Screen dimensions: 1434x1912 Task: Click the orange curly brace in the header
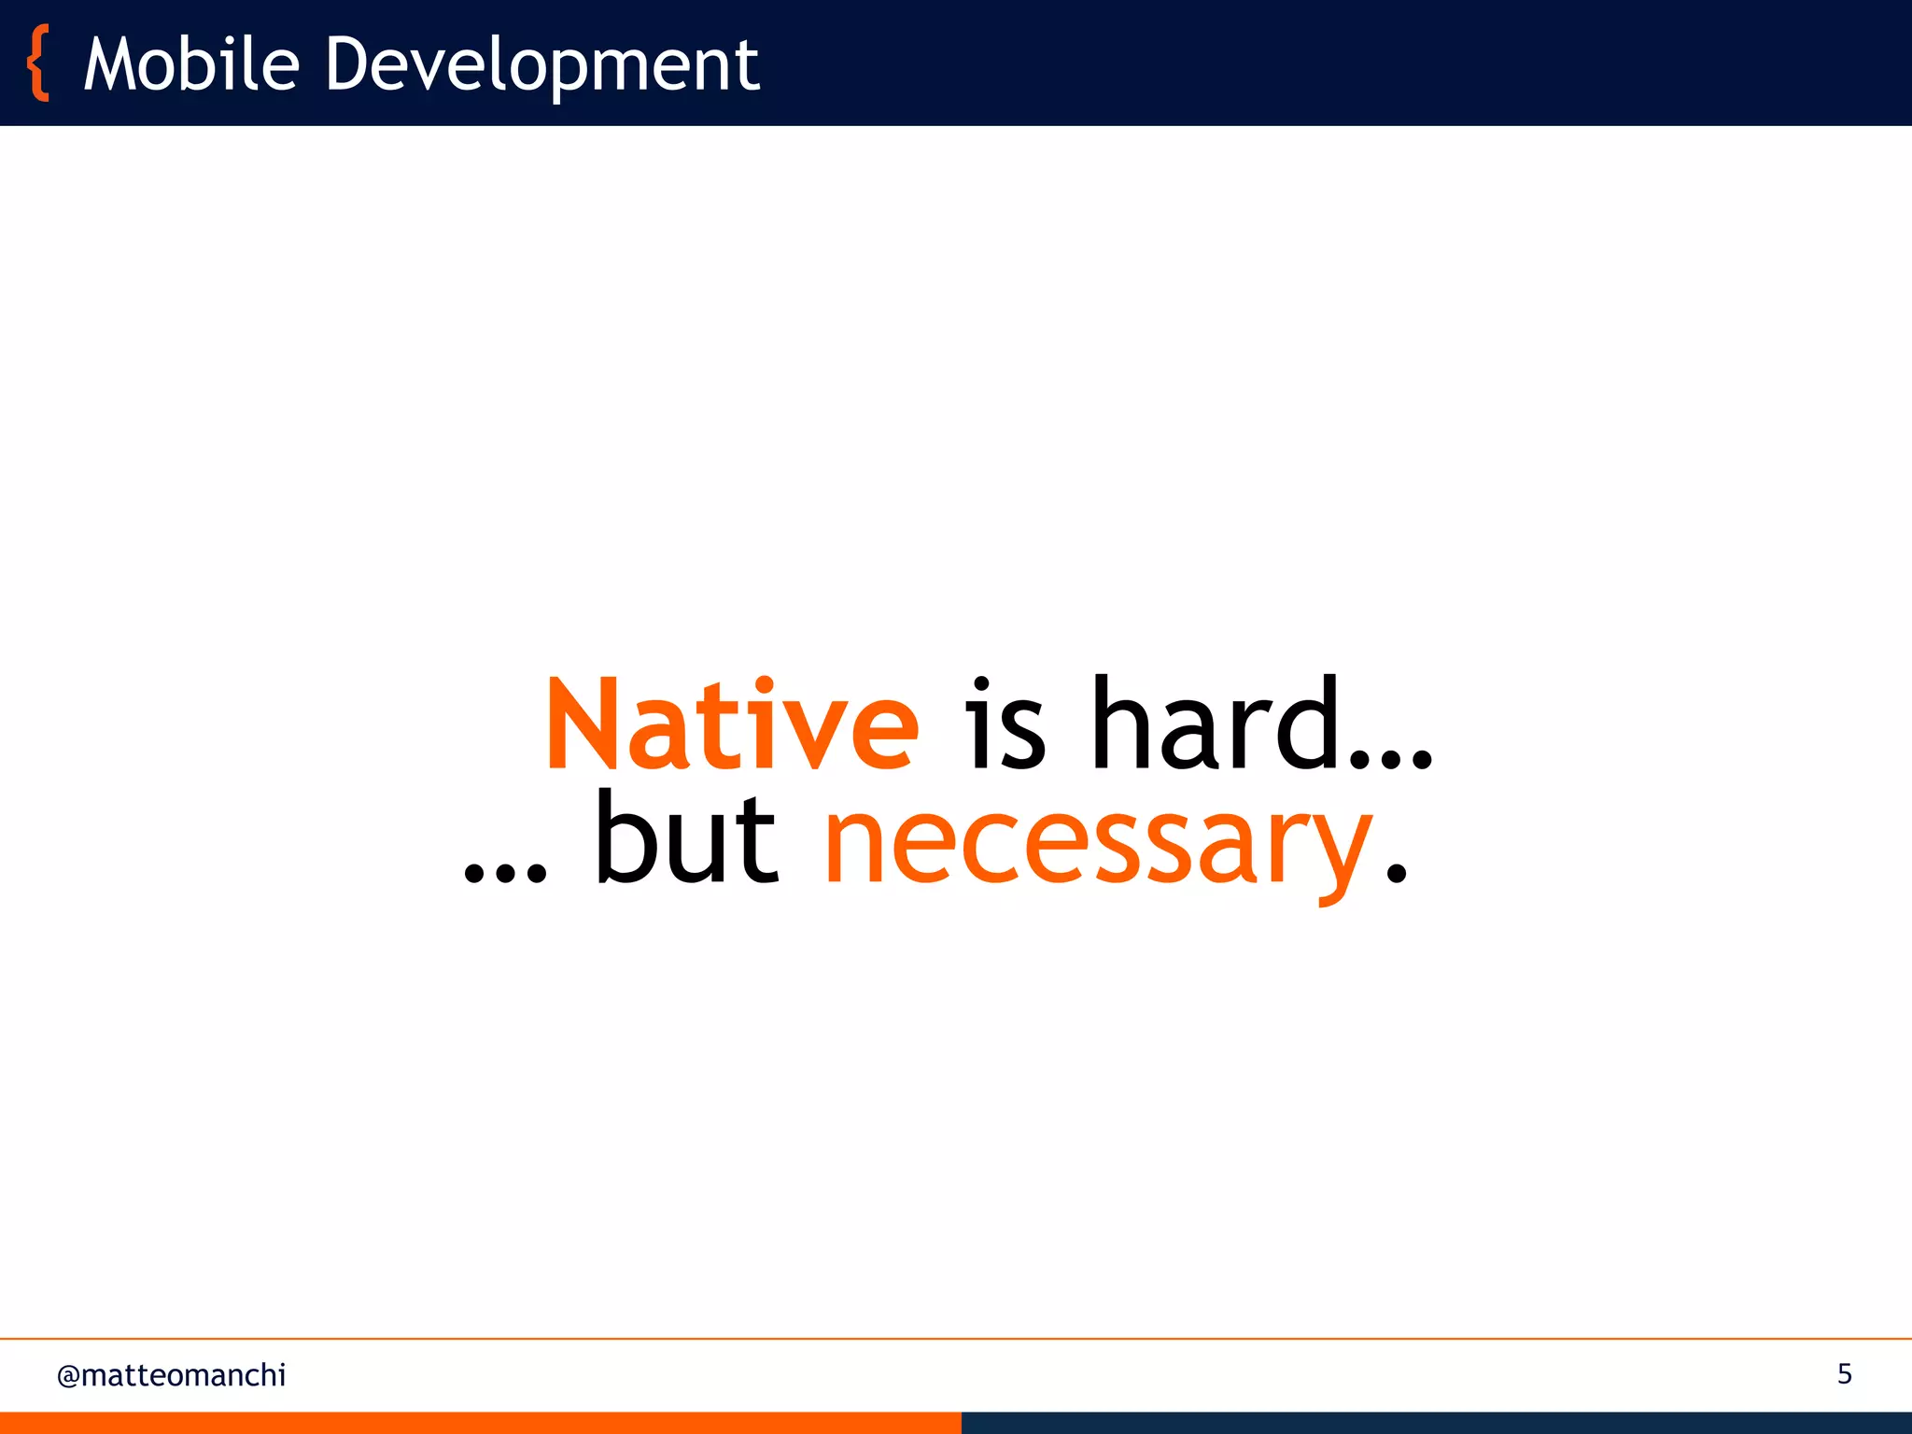coord(38,63)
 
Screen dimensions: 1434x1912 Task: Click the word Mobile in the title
coord(191,64)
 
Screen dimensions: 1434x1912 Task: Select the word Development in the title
coord(541,66)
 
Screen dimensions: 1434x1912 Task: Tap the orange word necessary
coord(1098,845)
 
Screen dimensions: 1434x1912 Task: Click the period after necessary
coord(1396,873)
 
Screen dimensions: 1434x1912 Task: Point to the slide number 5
coord(1844,1373)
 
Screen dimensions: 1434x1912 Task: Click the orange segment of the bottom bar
coord(480,1423)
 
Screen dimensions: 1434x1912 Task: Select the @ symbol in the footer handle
coord(68,1376)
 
